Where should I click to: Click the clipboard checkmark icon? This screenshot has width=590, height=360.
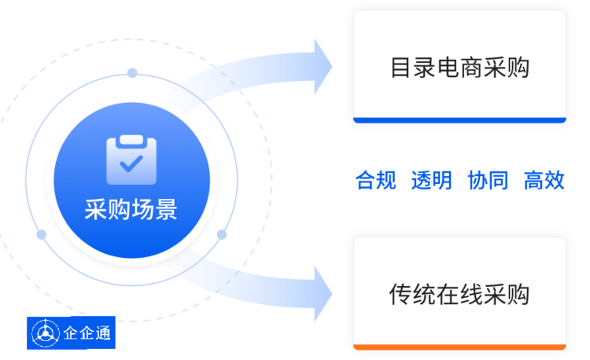(x=131, y=160)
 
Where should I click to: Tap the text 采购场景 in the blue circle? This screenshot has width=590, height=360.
(x=131, y=209)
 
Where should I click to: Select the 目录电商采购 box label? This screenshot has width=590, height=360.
(x=460, y=68)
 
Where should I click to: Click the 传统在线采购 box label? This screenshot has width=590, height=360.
(x=459, y=294)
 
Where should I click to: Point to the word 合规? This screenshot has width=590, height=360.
(x=376, y=180)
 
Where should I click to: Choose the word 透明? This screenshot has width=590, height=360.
(x=432, y=180)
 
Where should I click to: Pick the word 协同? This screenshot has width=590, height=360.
(x=488, y=180)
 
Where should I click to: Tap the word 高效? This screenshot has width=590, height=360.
(x=544, y=180)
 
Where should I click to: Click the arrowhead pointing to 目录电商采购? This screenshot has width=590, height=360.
(x=323, y=67)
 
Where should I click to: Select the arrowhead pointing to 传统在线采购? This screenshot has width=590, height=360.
(x=323, y=294)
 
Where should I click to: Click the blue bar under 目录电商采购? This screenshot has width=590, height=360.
(x=459, y=120)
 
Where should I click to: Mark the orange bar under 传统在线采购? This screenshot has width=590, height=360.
(x=459, y=347)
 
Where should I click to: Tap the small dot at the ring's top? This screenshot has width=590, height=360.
(x=132, y=72)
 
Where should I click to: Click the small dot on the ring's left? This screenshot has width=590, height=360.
(x=42, y=234)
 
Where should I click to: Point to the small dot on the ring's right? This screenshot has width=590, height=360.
(x=222, y=234)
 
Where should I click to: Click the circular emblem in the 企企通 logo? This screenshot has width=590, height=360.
(x=46, y=333)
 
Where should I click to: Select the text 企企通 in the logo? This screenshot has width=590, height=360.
(x=87, y=333)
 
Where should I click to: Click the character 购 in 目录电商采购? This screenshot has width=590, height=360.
(x=518, y=68)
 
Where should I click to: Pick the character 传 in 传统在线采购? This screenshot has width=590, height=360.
(x=400, y=294)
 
